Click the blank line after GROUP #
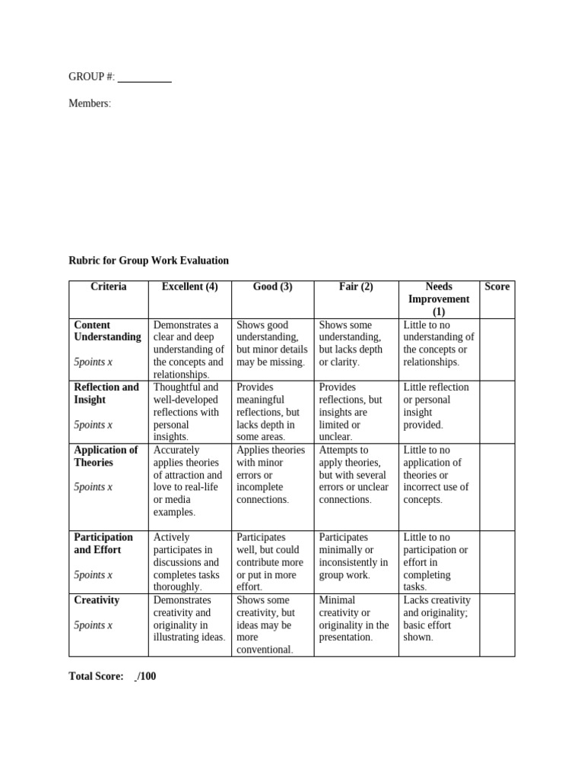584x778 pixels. click(x=144, y=77)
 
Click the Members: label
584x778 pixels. click(x=90, y=103)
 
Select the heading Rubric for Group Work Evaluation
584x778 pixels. click(x=148, y=261)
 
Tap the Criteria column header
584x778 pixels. click(x=108, y=287)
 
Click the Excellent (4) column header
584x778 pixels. click(x=189, y=287)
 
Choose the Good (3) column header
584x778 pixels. click(x=272, y=287)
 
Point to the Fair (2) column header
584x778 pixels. click(x=356, y=287)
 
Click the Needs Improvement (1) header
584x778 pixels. click(x=439, y=299)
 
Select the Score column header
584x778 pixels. click(x=497, y=287)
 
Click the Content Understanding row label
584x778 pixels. click(x=107, y=331)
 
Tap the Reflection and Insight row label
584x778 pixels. click(x=106, y=394)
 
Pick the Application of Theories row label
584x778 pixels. click(x=106, y=456)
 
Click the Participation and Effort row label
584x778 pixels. click(x=103, y=543)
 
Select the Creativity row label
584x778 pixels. click(x=97, y=600)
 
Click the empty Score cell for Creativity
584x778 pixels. click(x=497, y=625)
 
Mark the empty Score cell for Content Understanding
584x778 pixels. click(x=497, y=349)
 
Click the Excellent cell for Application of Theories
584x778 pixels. click(x=189, y=481)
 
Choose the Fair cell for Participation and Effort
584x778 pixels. click(x=356, y=556)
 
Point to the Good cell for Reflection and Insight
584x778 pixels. click(x=272, y=412)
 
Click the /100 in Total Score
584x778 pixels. click(x=148, y=676)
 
